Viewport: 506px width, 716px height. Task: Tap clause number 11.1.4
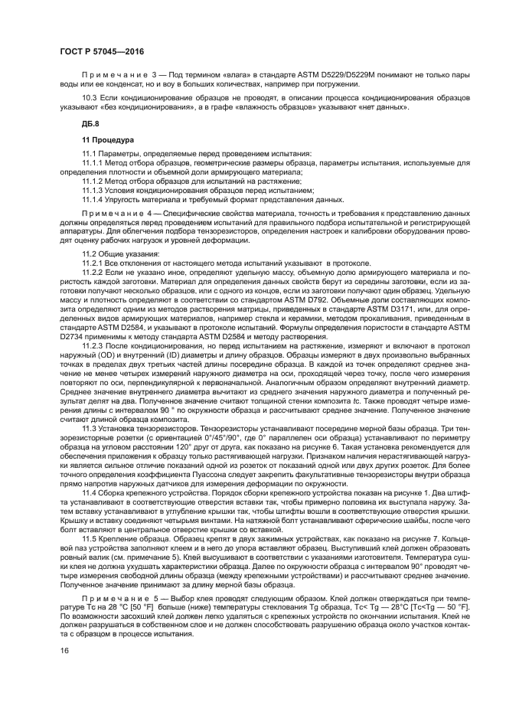point(93,198)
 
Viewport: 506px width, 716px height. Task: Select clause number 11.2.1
point(93,262)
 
